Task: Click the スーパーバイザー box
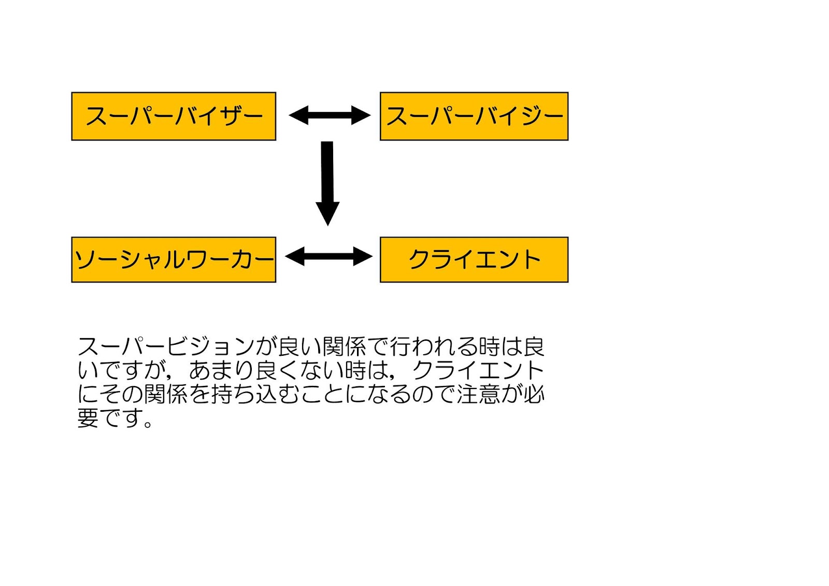click(174, 116)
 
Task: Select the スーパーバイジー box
click(474, 116)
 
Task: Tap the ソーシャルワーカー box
click(174, 259)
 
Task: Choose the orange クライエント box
click(474, 259)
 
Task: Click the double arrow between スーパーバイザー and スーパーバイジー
click(330, 115)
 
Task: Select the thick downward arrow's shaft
click(327, 171)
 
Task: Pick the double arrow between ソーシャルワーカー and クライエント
click(329, 256)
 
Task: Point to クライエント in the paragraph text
click(478, 370)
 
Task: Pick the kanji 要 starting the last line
click(88, 417)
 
